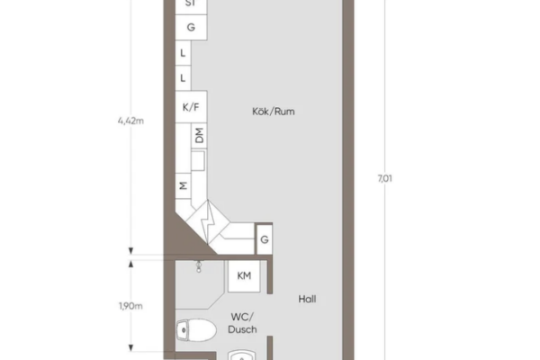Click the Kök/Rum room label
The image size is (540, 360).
(x=274, y=112)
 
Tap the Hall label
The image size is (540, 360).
(x=307, y=299)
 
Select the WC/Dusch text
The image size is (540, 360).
(x=242, y=323)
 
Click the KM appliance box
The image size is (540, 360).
(x=244, y=276)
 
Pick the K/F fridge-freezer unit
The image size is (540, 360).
(x=191, y=107)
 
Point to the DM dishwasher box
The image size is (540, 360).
(x=199, y=135)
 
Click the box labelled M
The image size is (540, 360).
(x=184, y=186)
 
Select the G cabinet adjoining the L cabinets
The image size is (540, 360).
(x=191, y=27)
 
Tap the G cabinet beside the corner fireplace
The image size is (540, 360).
(x=265, y=239)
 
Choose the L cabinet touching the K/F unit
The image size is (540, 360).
(x=183, y=78)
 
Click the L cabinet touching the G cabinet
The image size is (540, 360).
(x=183, y=53)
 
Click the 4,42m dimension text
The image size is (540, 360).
(x=130, y=121)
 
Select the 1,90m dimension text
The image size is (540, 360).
(x=130, y=306)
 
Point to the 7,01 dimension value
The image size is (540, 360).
(x=384, y=178)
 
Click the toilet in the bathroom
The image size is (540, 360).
(x=196, y=330)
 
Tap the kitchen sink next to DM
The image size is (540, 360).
(x=198, y=160)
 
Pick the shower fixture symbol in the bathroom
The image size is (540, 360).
(x=199, y=266)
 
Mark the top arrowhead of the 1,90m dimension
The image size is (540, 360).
(x=130, y=264)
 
